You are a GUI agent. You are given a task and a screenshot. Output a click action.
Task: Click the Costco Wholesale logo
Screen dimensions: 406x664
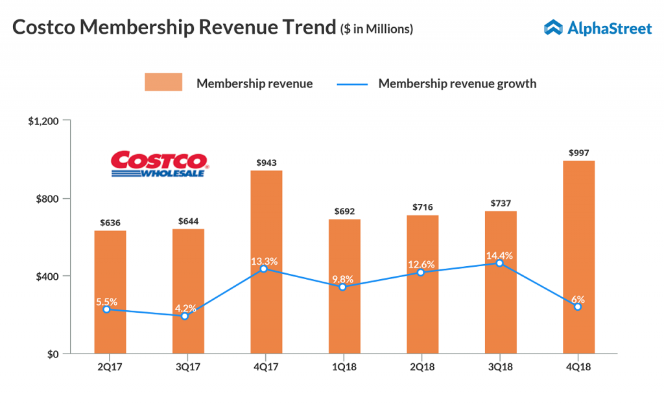point(159,164)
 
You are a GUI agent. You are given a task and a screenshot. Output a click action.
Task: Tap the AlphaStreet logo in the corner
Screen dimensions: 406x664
point(597,27)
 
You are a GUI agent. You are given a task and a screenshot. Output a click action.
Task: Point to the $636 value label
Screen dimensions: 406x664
point(110,223)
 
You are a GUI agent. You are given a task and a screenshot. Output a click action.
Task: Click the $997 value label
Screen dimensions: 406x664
point(578,153)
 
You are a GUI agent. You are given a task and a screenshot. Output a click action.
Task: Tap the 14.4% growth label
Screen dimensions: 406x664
point(500,255)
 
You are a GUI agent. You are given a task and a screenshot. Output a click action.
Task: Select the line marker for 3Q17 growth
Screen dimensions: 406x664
point(185,316)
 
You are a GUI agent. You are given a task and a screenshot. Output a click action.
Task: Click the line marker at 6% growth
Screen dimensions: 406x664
point(578,307)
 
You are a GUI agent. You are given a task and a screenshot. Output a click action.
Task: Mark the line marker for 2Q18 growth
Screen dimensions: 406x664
point(421,273)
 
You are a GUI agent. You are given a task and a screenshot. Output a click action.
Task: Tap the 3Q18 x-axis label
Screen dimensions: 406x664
point(500,367)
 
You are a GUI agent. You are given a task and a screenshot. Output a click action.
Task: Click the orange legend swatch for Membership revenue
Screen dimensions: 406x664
point(163,83)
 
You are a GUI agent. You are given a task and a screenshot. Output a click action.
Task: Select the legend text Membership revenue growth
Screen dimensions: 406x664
point(457,84)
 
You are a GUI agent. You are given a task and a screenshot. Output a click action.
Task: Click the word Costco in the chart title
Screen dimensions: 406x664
point(47,28)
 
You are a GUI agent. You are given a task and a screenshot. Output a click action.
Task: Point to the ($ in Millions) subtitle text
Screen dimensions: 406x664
point(377,29)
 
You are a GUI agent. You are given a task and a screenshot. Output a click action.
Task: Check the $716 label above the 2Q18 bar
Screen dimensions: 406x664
point(422,207)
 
